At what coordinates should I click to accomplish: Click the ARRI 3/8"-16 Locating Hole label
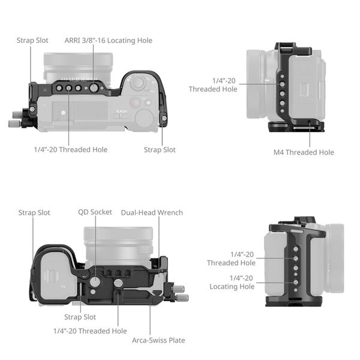click(108, 40)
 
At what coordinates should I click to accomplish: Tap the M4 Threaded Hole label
click(304, 152)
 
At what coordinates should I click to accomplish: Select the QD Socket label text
click(95, 212)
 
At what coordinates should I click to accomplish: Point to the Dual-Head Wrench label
click(152, 212)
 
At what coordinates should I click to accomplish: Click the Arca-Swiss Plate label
click(158, 340)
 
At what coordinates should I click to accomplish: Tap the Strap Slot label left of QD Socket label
click(34, 212)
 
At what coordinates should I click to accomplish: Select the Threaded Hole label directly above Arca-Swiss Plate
click(90, 331)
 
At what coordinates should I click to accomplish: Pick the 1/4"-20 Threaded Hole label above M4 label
click(213, 85)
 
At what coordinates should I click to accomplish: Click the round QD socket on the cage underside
click(95, 281)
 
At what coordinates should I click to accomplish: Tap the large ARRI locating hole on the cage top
click(93, 88)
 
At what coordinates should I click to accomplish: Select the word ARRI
click(74, 40)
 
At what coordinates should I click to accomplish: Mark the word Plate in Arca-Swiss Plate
click(175, 340)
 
